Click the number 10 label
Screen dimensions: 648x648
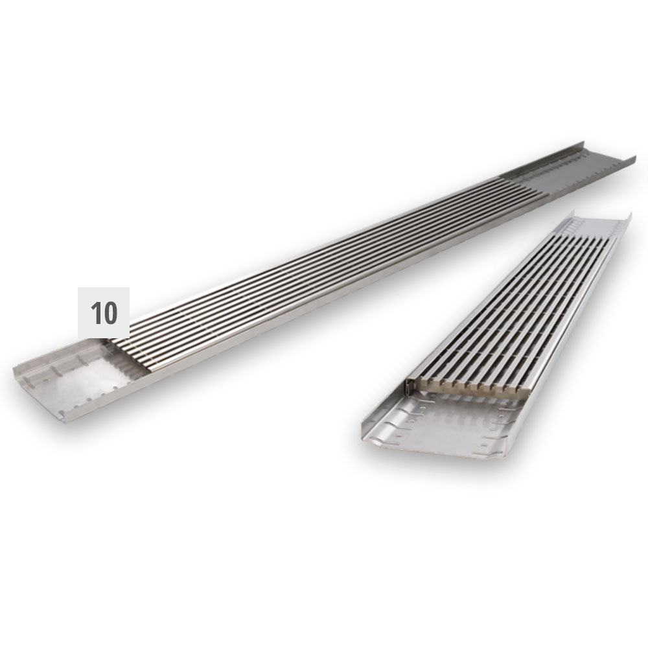[104, 312]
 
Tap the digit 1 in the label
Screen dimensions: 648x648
[96, 313]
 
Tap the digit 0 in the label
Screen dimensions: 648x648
[110, 313]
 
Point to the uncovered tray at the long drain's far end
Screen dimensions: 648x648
[574, 169]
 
